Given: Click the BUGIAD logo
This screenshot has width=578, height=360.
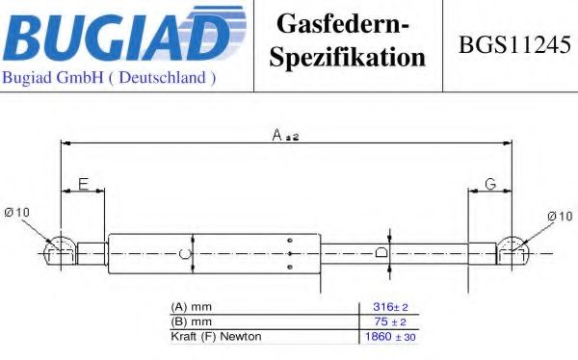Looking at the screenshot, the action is [x=124, y=34].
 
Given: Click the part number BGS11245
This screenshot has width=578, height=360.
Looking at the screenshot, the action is [x=514, y=44].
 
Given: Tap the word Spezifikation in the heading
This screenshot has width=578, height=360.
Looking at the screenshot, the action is [x=347, y=57].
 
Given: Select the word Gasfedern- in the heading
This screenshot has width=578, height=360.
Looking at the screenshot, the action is [x=342, y=24].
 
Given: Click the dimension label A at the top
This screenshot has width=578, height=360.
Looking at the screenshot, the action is [x=276, y=135].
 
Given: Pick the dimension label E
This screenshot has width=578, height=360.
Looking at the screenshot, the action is [x=84, y=184].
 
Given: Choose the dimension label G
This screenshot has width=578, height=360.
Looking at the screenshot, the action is [x=490, y=184].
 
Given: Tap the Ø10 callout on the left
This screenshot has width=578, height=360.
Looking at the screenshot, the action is [x=16, y=212].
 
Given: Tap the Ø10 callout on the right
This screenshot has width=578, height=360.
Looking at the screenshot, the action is [x=561, y=216].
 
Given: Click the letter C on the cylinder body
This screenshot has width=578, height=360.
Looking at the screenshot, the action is [x=185, y=253].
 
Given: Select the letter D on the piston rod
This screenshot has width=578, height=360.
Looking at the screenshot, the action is [x=381, y=253].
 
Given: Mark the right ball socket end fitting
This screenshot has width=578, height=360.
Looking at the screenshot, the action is [x=513, y=250].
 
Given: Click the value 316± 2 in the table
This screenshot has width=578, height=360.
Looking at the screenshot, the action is [x=390, y=306].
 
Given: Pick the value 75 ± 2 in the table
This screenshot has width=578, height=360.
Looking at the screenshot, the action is [x=390, y=321].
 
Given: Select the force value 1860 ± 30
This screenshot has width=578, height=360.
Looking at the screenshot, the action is [x=390, y=337].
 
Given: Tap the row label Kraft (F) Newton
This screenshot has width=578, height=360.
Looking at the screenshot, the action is [x=216, y=337].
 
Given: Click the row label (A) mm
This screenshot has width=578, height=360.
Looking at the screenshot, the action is [x=192, y=306].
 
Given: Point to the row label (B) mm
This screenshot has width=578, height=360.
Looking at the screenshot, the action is [x=192, y=321].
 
